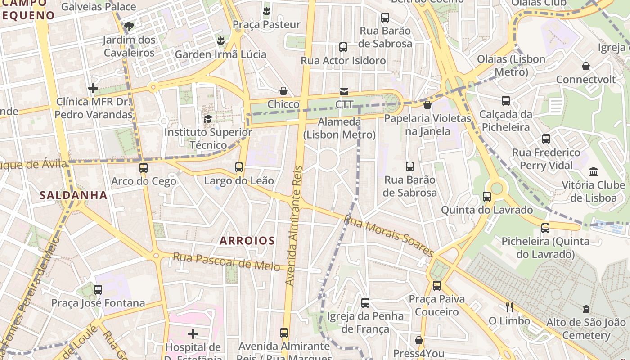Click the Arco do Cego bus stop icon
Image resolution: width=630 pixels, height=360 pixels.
[143, 168]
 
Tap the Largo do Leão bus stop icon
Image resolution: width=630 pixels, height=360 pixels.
[239, 167]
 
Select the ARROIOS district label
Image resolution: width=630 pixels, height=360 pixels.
[247, 241]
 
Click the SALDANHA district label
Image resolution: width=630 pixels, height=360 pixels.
[73, 195]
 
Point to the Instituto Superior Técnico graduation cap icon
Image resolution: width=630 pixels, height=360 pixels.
[208, 119]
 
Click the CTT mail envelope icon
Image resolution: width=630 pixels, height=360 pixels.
[344, 92]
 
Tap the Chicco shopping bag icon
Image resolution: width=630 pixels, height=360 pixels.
[283, 91]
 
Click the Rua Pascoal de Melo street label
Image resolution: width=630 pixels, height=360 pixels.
[226, 261]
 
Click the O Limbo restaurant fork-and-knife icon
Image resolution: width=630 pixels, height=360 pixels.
[509, 307]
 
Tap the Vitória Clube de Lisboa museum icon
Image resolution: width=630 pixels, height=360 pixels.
[593, 171]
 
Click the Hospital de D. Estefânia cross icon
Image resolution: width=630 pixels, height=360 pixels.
[193, 333]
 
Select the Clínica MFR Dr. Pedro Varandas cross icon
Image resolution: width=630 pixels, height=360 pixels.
[93, 88]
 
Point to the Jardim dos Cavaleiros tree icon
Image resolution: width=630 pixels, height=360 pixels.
[129, 26]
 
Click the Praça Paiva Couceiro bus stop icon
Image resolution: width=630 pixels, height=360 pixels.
[436, 285]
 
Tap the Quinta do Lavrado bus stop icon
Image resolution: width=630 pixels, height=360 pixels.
[487, 196]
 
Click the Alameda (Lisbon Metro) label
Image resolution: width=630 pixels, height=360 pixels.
[339, 128]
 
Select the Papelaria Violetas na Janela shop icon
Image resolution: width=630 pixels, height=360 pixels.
[427, 105]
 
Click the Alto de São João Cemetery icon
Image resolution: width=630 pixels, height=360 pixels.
[586, 309]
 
